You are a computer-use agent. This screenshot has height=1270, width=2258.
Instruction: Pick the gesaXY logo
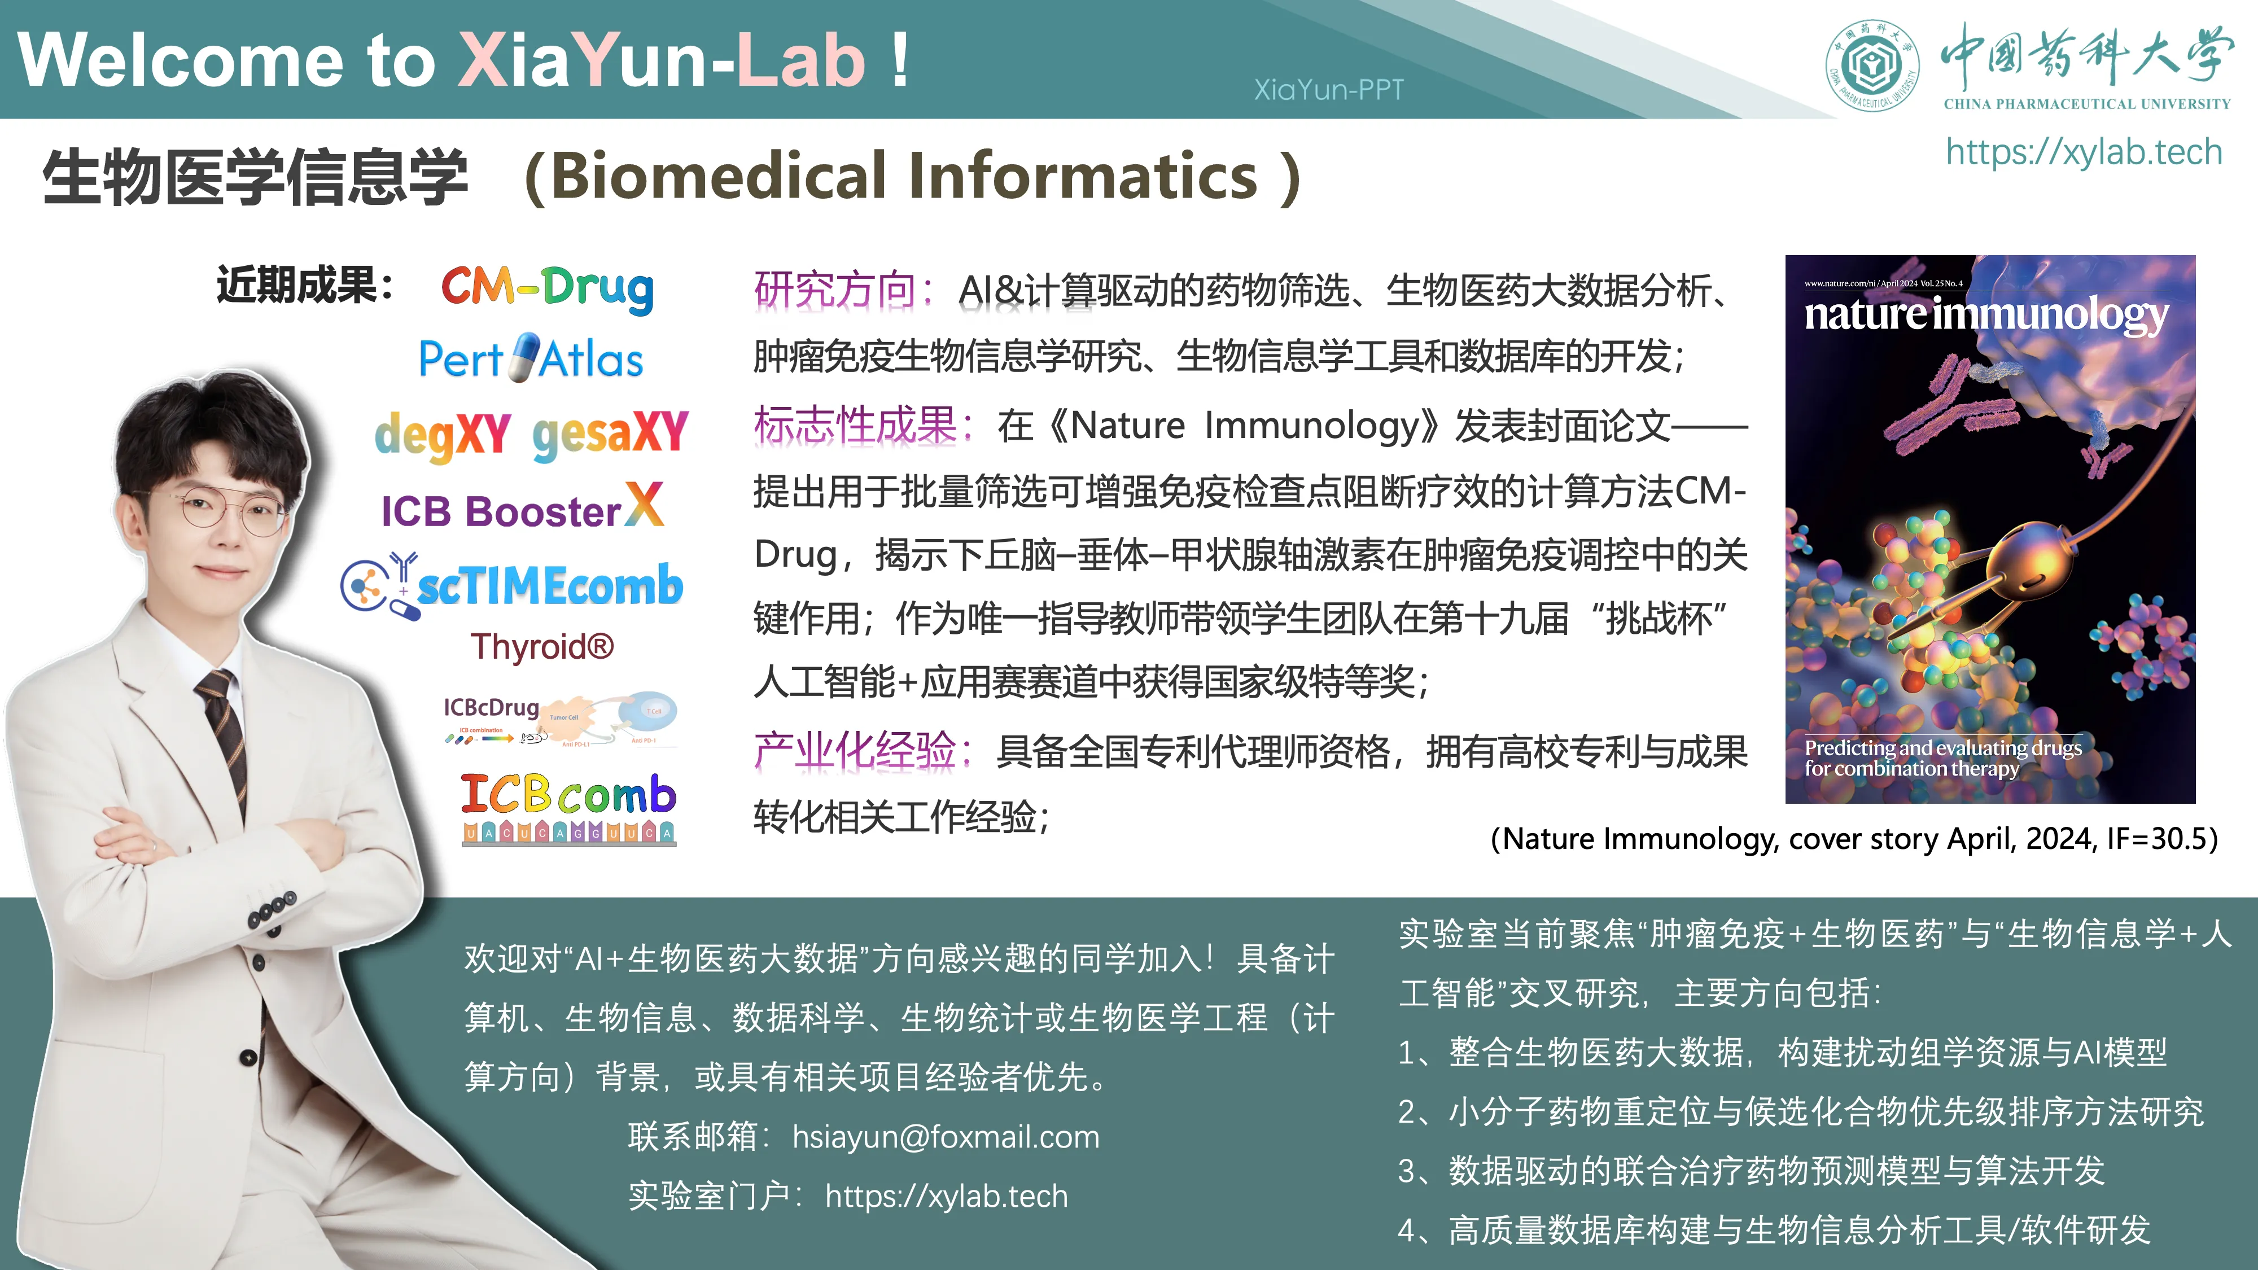[610, 434]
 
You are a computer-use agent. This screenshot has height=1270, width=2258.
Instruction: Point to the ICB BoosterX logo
[522, 509]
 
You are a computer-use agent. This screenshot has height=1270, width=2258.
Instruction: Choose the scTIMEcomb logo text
[550, 585]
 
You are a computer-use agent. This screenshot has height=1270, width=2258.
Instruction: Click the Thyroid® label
[542, 647]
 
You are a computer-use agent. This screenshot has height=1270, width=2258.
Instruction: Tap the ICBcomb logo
[568, 807]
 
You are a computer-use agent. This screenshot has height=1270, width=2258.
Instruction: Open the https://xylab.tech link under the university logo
[2084, 152]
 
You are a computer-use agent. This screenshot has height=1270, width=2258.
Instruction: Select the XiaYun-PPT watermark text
[1328, 89]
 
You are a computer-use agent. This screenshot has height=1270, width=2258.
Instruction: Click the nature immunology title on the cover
[1985, 314]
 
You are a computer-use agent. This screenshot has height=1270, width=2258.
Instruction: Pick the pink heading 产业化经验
[854, 751]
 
